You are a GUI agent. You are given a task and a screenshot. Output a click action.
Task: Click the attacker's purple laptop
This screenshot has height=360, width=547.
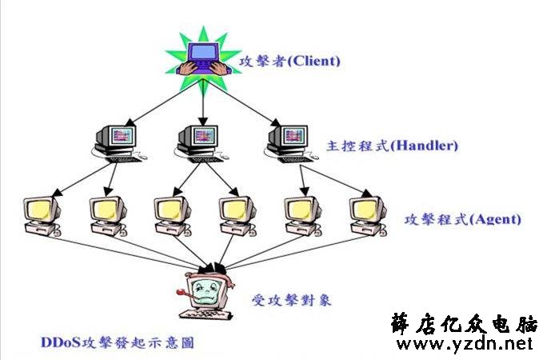[204, 58]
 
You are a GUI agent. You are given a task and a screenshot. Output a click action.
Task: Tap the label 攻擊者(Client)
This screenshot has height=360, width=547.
[289, 62]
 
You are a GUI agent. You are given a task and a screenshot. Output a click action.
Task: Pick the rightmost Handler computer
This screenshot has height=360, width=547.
[291, 144]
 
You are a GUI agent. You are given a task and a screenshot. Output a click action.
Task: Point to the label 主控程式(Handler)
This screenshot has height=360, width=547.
[392, 146]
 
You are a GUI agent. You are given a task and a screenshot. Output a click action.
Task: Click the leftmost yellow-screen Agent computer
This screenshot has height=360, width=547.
[42, 216]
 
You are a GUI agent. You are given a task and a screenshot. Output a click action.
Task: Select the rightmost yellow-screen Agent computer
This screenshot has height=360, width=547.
[368, 216]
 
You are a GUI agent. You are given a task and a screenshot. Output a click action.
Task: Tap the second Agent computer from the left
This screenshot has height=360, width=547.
[108, 216]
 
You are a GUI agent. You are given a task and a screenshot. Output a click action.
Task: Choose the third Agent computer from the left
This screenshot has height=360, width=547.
[173, 216]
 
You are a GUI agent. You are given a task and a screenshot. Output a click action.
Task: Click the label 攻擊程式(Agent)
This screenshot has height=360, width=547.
[462, 219]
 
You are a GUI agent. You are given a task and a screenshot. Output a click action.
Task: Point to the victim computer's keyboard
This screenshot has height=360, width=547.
[206, 314]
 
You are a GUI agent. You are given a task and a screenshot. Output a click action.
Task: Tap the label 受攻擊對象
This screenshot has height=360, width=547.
[292, 300]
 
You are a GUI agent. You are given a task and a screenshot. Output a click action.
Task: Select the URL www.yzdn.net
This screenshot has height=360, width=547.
[465, 344]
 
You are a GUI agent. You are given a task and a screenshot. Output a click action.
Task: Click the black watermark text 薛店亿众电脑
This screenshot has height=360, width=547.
[465, 323]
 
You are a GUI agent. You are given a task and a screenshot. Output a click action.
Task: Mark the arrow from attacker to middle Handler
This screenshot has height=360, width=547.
[203, 102]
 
